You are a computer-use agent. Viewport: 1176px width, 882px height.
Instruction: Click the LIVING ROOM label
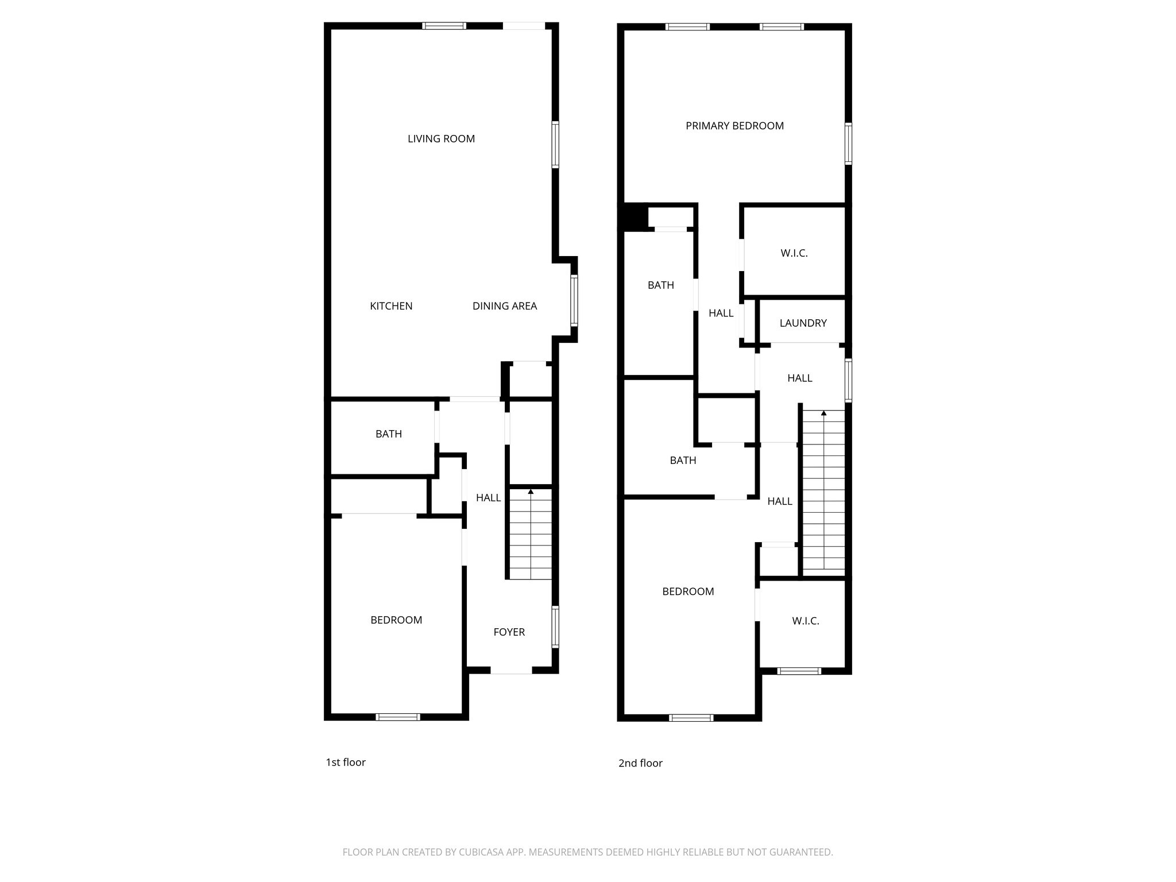441,138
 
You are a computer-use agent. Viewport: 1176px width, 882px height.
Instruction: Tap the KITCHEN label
391,306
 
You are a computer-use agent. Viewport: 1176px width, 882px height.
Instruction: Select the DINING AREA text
504,306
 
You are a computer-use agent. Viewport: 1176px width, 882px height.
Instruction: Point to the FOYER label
509,632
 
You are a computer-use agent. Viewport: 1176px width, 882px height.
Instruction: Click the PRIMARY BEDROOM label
734,126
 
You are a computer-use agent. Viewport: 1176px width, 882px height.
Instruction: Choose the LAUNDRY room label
803,323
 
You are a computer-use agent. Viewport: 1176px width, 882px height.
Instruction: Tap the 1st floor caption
345,762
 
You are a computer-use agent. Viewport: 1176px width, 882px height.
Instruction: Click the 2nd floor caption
640,763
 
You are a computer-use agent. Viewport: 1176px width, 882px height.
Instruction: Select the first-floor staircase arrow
531,492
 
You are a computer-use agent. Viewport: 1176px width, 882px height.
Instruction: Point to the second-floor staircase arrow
823,413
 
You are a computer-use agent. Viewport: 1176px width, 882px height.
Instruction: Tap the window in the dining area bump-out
574,300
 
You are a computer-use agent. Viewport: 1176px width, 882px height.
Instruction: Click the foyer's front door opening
510,670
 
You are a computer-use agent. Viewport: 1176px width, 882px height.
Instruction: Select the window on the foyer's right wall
555,626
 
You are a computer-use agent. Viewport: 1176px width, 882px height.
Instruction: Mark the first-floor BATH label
388,434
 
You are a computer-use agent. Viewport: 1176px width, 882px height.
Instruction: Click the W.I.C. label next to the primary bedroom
794,253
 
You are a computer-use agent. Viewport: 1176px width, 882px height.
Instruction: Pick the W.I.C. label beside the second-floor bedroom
805,621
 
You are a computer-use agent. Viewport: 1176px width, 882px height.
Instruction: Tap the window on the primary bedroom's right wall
848,143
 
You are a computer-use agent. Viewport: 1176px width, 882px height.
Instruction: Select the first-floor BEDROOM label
396,620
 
